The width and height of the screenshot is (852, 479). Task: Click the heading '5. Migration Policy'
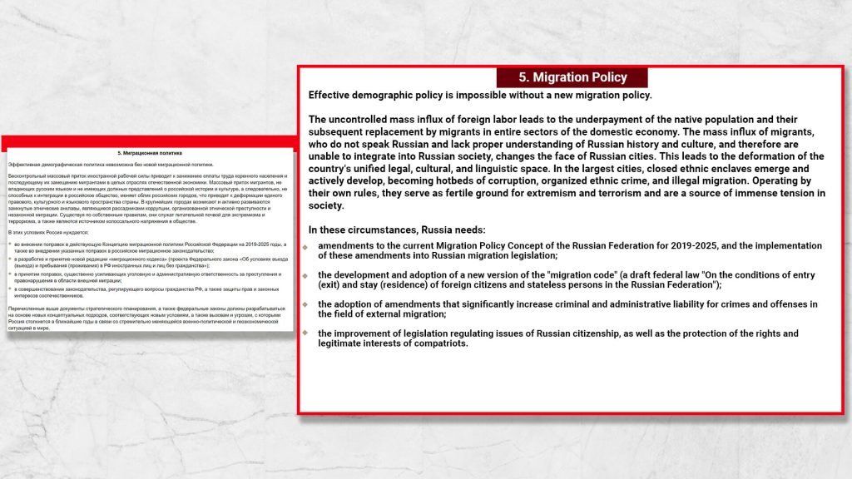point(572,77)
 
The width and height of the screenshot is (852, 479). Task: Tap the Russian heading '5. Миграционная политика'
point(149,153)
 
